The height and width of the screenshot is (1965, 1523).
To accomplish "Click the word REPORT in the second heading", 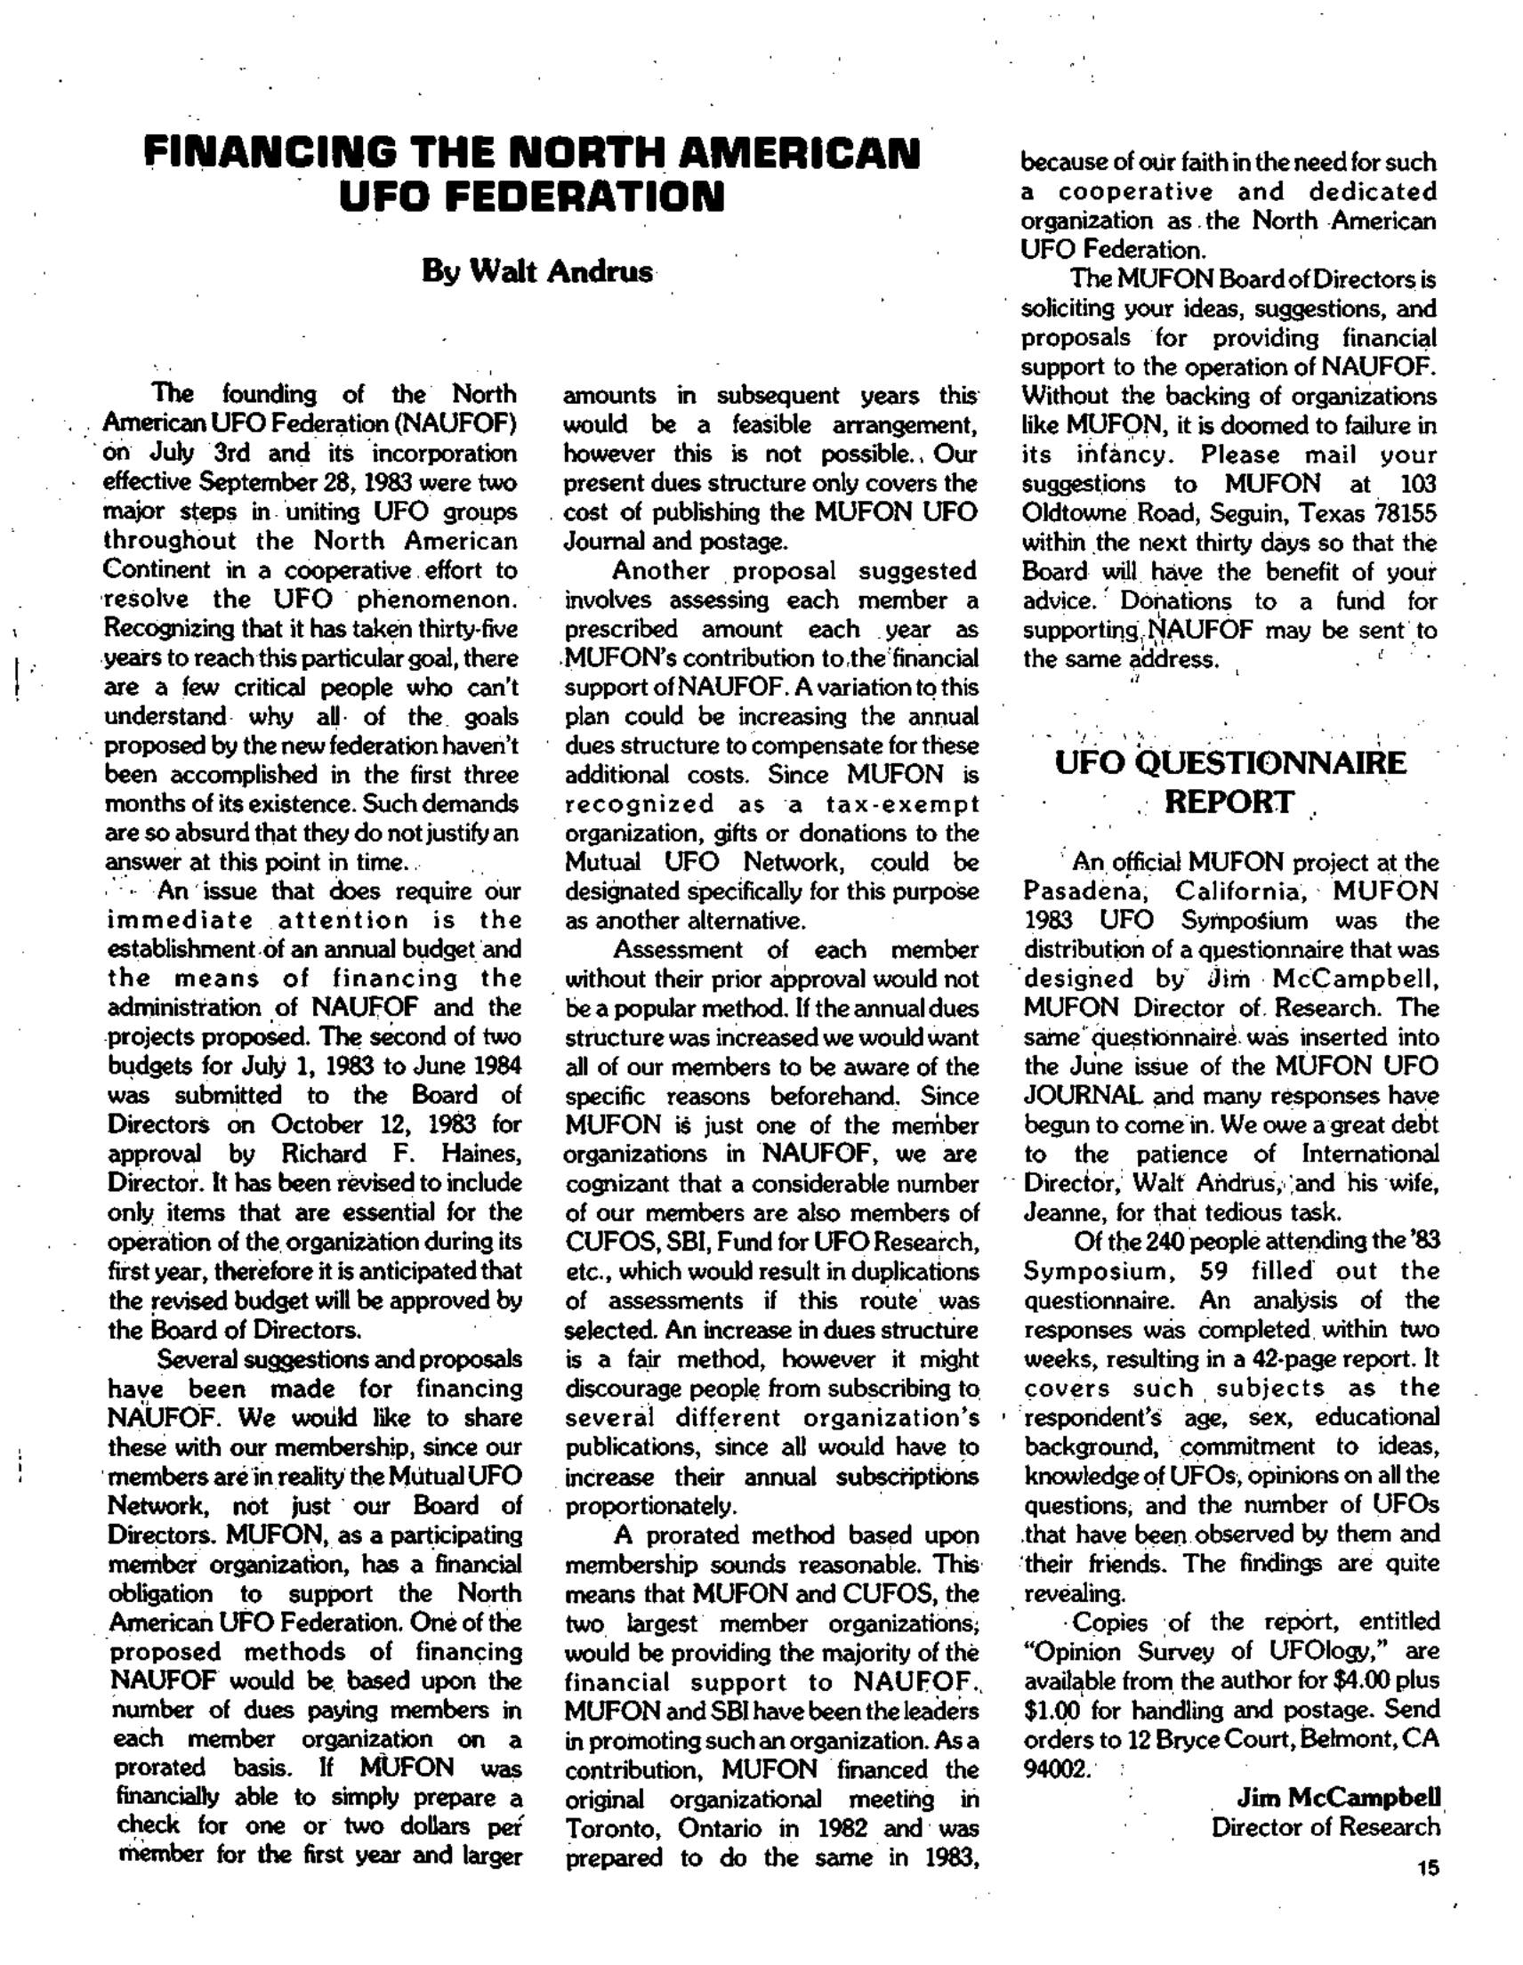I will [1229, 801].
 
